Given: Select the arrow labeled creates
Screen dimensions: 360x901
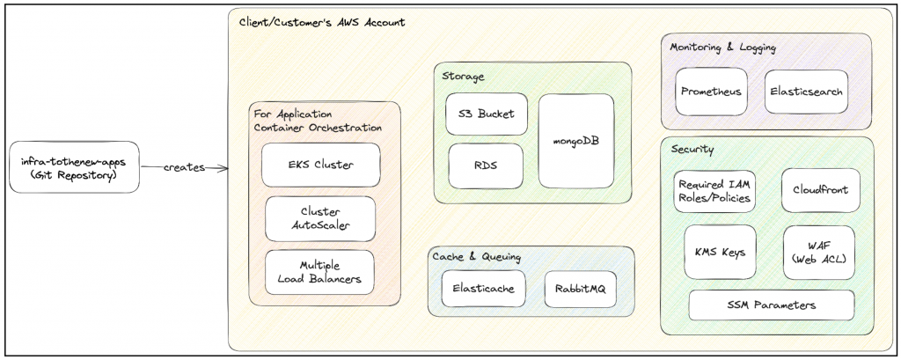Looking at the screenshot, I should click(x=184, y=167).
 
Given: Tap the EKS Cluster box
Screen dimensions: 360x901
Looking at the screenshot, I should click(x=320, y=165).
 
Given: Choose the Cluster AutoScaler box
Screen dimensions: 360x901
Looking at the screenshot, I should click(x=320, y=218).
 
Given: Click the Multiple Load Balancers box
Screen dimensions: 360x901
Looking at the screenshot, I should click(x=320, y=272).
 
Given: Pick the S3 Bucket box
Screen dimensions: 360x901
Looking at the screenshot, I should click(x=487, y=114).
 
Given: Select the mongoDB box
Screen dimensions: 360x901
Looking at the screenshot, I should click(x=575, y=141).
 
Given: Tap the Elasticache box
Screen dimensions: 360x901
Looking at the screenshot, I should click(x=483, y=288).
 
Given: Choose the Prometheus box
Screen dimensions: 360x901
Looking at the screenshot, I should click(x=710, y=92).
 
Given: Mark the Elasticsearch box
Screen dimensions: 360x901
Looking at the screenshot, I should click(x=806, y=92).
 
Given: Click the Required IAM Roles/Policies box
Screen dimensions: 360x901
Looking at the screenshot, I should click(x=714, y=191).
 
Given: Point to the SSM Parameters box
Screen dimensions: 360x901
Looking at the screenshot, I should click(x=771, y=305).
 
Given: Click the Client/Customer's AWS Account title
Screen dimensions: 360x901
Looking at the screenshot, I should click(x=322, y=22).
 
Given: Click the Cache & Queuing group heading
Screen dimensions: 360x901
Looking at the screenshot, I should click(x=476, y=257).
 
